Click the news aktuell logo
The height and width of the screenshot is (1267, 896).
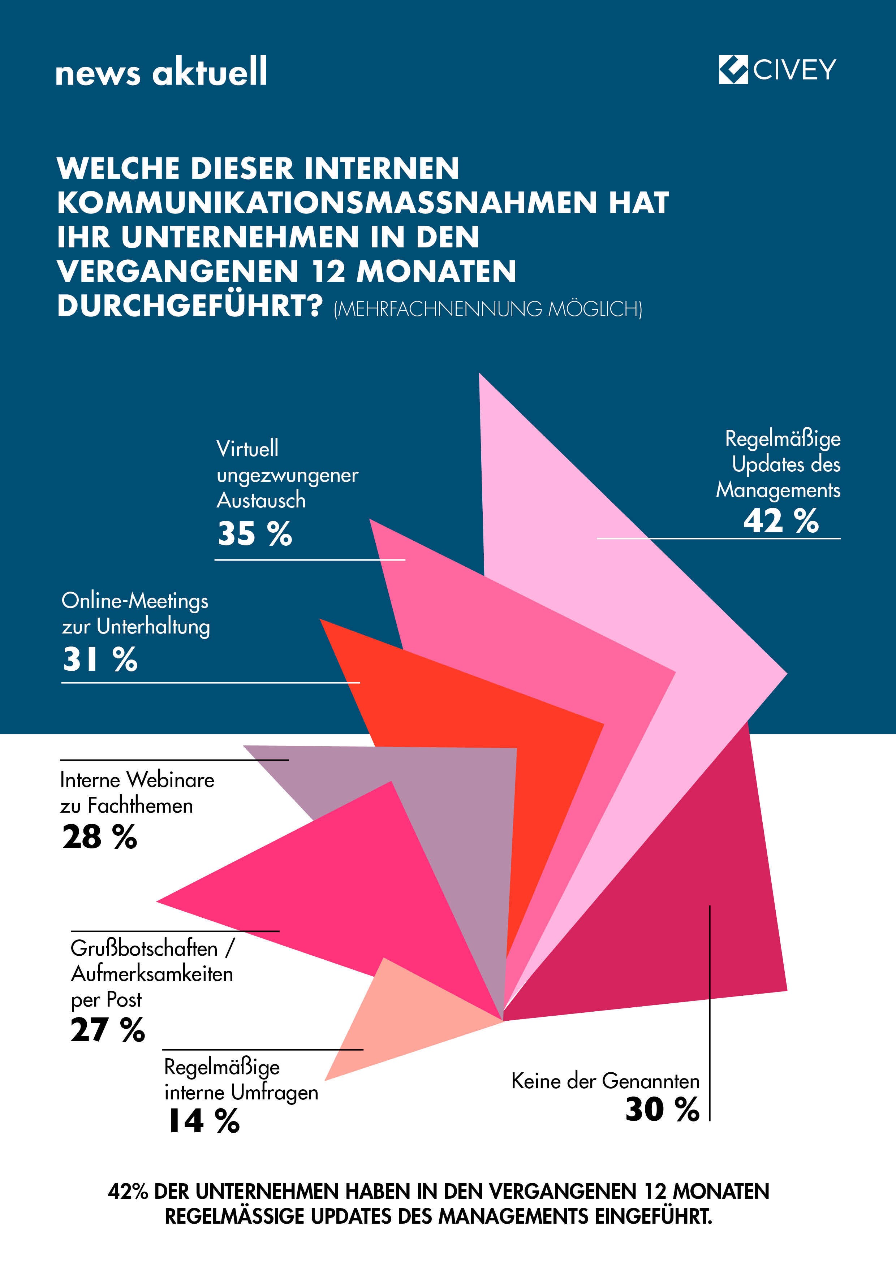[x=161, y=72]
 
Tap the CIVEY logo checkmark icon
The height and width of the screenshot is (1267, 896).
[x=733, y=70]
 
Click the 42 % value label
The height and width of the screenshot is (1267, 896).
[x=781, y=520]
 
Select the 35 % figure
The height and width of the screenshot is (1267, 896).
[x=254, y=533]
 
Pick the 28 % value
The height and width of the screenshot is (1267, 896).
[x=99, y=836]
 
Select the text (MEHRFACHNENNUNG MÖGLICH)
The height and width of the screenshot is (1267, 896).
[x=488, y=309]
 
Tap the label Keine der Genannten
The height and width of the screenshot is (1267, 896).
[x=605, y=1081]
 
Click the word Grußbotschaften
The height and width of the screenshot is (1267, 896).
[x=144, y=948]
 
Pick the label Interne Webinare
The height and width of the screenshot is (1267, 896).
[x=137, y=780]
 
